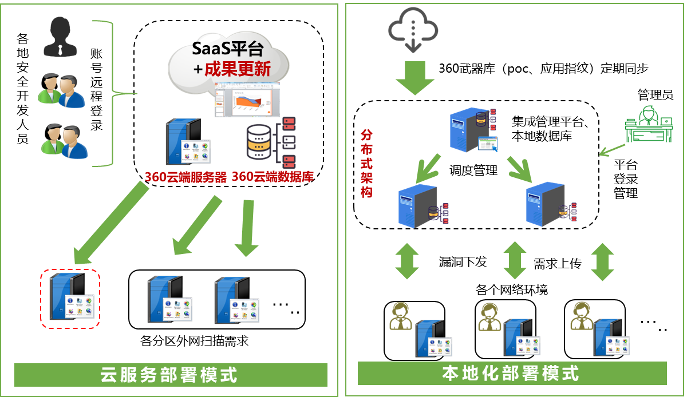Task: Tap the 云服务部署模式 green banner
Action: point(171,375)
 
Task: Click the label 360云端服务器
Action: point(185,177)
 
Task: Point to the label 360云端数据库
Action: point(273,177)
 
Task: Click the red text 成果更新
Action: point(238,69)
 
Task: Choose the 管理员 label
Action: point(655,94)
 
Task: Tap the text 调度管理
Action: point(473,170)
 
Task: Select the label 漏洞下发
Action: point(462,262)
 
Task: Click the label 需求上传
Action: point(557,264)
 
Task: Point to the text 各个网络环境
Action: point(511,289)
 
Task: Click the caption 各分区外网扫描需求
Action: point(194,342)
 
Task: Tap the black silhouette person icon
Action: point(61,37)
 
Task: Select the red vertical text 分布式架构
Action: point(367,163)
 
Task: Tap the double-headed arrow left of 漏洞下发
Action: point(406,261)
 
